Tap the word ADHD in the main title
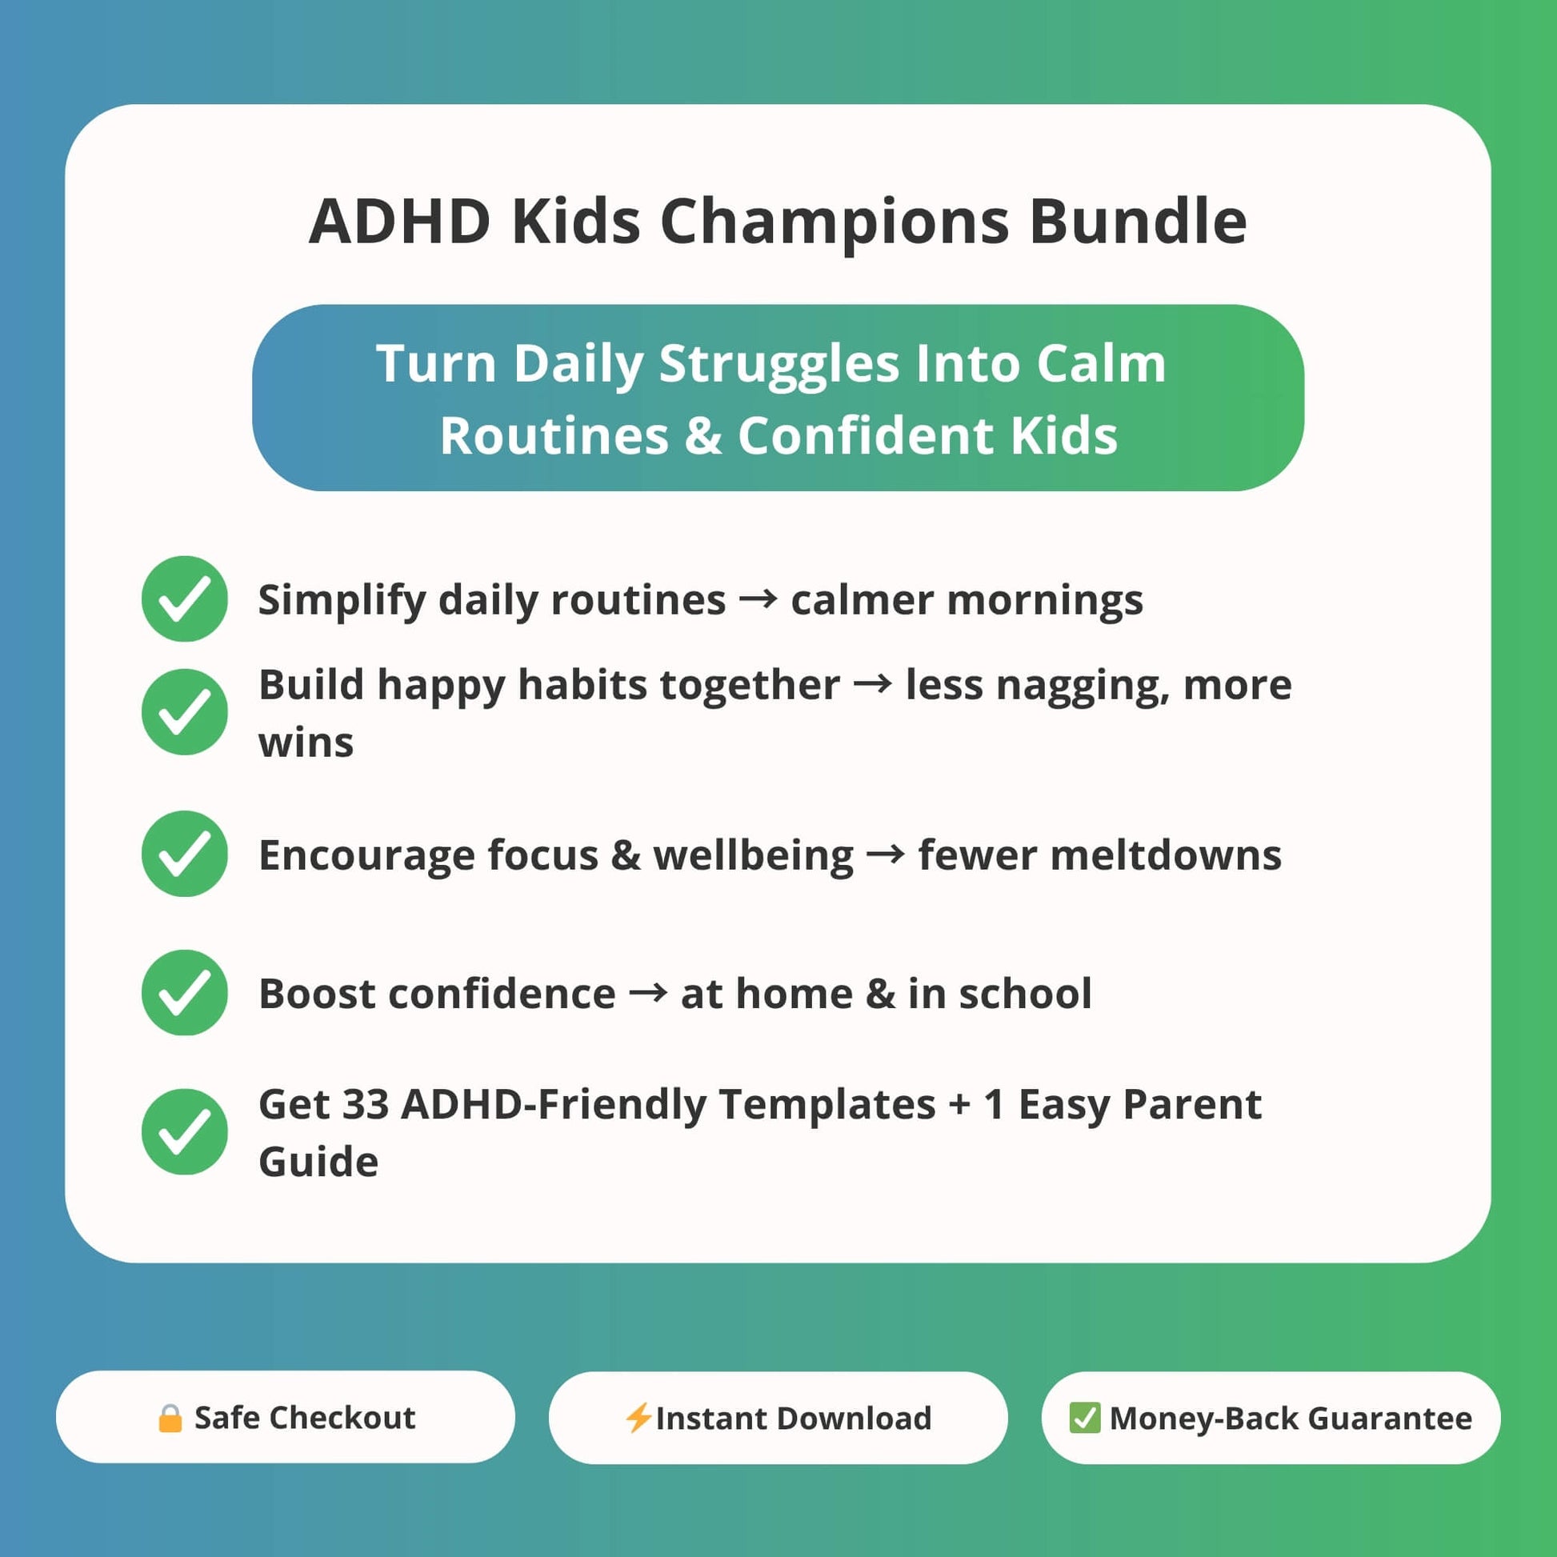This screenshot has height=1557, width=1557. [400, 221]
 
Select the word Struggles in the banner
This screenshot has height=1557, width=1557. [779, 365]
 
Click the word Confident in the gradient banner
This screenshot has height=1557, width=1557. [867, 435]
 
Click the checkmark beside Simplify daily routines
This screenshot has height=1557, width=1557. [185, 598]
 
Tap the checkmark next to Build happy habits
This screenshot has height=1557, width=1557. [185, 712]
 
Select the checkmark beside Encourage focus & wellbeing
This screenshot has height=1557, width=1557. [185, 854]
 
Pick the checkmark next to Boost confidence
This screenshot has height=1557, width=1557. [185, 993]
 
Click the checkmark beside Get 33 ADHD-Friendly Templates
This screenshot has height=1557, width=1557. [185, 1132]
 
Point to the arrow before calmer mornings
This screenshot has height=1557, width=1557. [758, 599]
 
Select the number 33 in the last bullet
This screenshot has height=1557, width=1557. [366, 1104]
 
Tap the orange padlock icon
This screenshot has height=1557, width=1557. [170, 1419]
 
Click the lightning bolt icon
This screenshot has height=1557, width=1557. [638, 1419]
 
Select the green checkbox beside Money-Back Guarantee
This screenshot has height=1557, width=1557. [1085, 1419]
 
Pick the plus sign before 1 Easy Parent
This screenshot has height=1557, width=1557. [960, 1105]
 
